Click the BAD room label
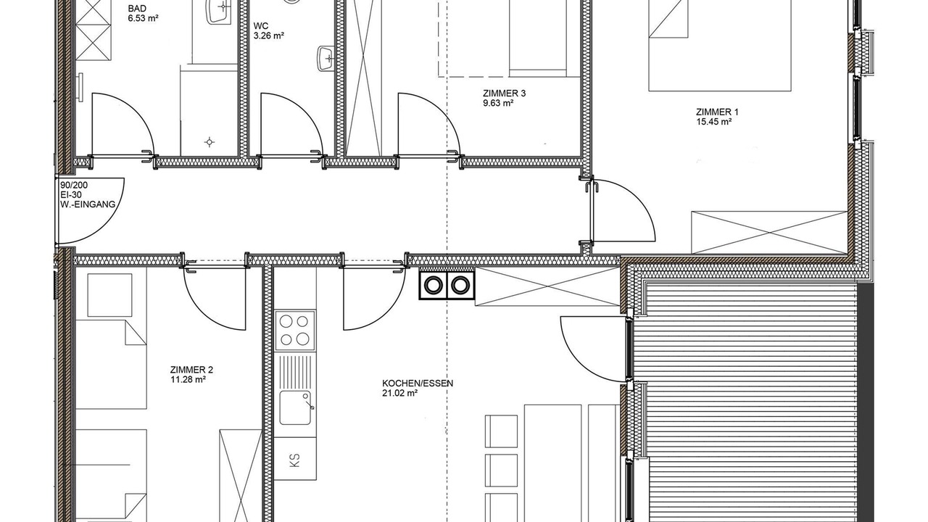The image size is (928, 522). (137, 9)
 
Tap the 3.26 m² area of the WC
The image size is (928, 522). (268, 36)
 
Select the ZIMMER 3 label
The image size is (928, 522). (504, 94)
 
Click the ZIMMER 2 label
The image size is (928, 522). (191, 370)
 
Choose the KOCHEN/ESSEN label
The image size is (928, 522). (418, 384)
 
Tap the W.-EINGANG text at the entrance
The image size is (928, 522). (88, 204)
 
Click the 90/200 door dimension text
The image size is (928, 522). (74, 185)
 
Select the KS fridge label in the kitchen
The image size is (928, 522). (294, 460)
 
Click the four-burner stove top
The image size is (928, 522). (294, 331)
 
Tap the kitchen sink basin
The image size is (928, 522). (295, 407)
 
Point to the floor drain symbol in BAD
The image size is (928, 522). (210, 142)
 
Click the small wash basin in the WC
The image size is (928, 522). (326, 59)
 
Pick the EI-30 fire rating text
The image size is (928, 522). (71, 195)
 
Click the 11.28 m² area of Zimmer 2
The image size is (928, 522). (188, 379)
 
